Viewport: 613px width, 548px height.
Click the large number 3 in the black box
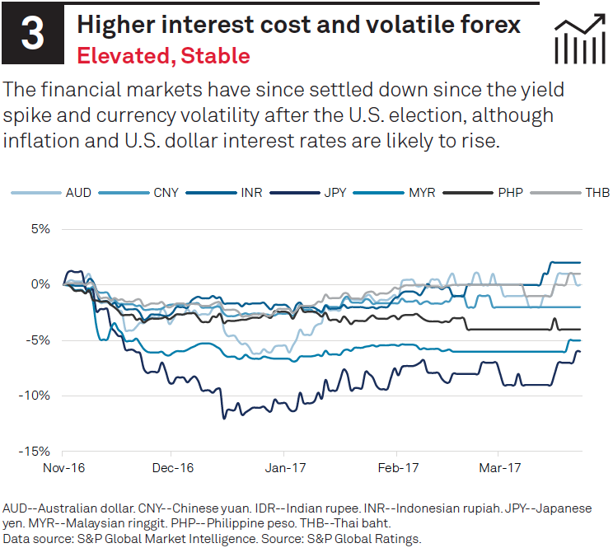(x=31, y=35)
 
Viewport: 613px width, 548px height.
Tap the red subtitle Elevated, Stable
(x=162, y=56)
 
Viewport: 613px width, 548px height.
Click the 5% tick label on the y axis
(x=40, y=228)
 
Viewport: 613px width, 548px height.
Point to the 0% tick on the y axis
(x=40, y=284)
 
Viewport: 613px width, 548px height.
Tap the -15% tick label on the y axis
(x=36, y=452)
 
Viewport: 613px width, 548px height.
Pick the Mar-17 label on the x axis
(x=499, y=468)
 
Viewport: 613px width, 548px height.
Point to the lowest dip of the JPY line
(x=222, y=418)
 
